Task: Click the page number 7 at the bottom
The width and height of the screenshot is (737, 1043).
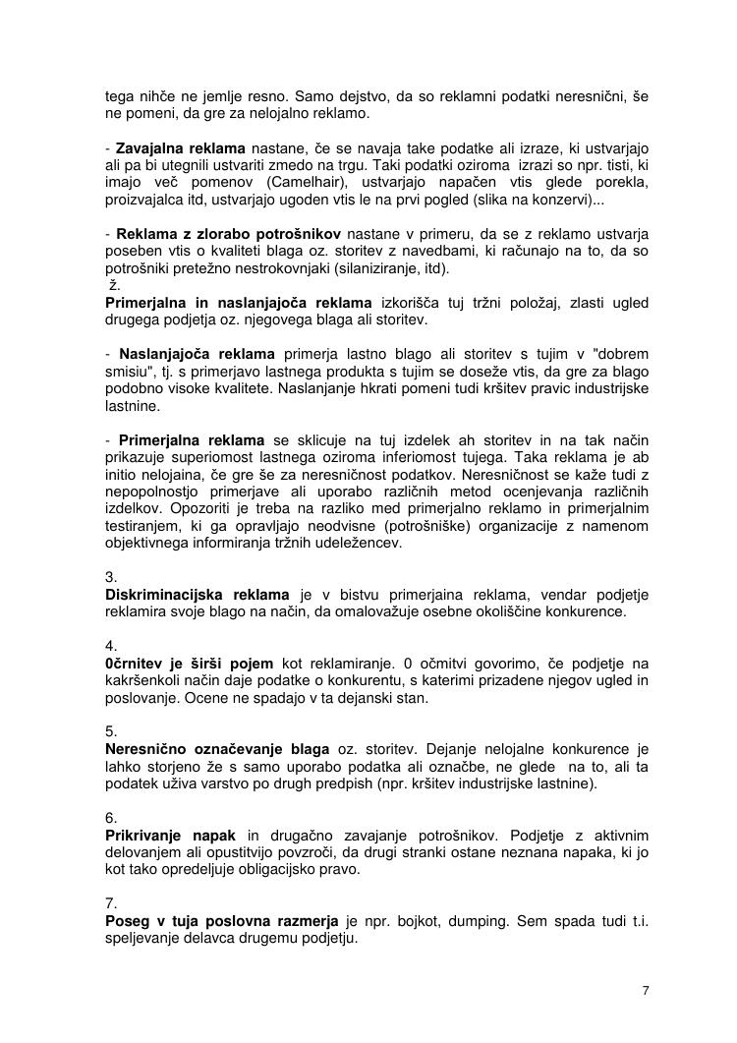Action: point(645,990)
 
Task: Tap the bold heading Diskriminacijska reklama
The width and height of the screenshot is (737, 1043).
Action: point(198,595)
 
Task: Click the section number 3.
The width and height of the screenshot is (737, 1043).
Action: point(111,577)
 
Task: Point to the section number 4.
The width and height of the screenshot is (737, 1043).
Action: point(111,646)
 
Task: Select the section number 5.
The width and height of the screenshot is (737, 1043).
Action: point(111,731)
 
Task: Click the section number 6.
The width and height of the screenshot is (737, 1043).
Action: point(111,818)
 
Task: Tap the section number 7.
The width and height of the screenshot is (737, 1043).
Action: point(111,903)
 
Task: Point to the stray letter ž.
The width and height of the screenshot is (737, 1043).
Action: point(113,285)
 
